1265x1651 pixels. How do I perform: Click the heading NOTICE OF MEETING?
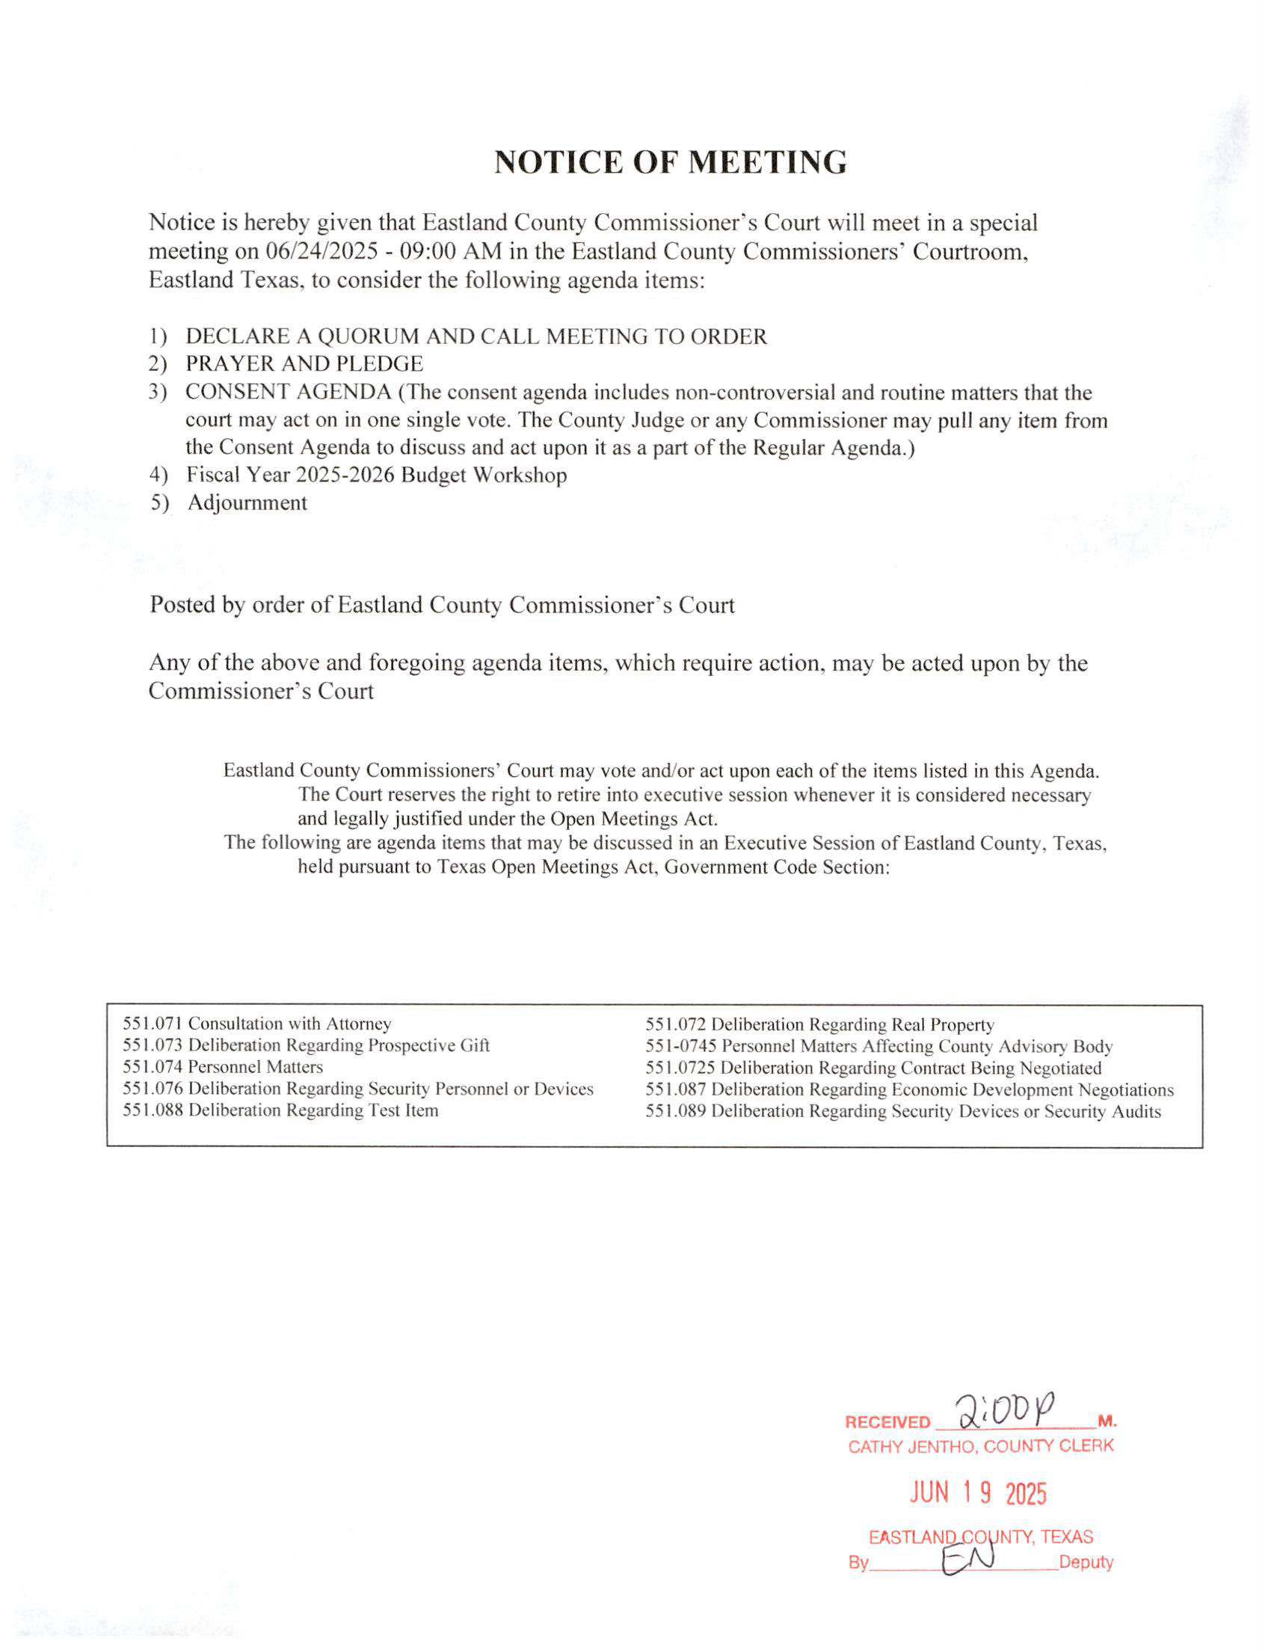click(x=670, y=163)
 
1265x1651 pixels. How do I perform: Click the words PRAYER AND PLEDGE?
click(x=304, y=365)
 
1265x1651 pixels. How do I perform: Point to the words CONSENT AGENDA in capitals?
click(x=289, y=393)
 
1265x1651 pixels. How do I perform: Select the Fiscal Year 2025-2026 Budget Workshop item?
click(x=377, y=476)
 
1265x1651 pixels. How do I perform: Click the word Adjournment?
click(x=247, y=503)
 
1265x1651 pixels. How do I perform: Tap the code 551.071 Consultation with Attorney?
click(x=256, y=1024)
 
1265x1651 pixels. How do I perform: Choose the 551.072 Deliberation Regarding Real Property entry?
click(x=819, y=1024)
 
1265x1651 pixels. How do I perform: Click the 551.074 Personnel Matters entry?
click(x=223, y=1066)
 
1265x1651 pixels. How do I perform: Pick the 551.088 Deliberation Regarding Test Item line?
click(x=280, y=1110)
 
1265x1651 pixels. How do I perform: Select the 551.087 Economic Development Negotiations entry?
click(x=909, y=1089)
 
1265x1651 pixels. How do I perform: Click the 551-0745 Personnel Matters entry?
click(x=878, y=1046)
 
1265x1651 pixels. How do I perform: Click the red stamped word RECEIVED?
click(x=887, y=1422)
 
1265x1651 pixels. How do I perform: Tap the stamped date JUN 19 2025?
click(x=978, y=1492)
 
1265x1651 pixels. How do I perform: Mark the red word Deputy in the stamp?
click(x=1086, y=1562)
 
